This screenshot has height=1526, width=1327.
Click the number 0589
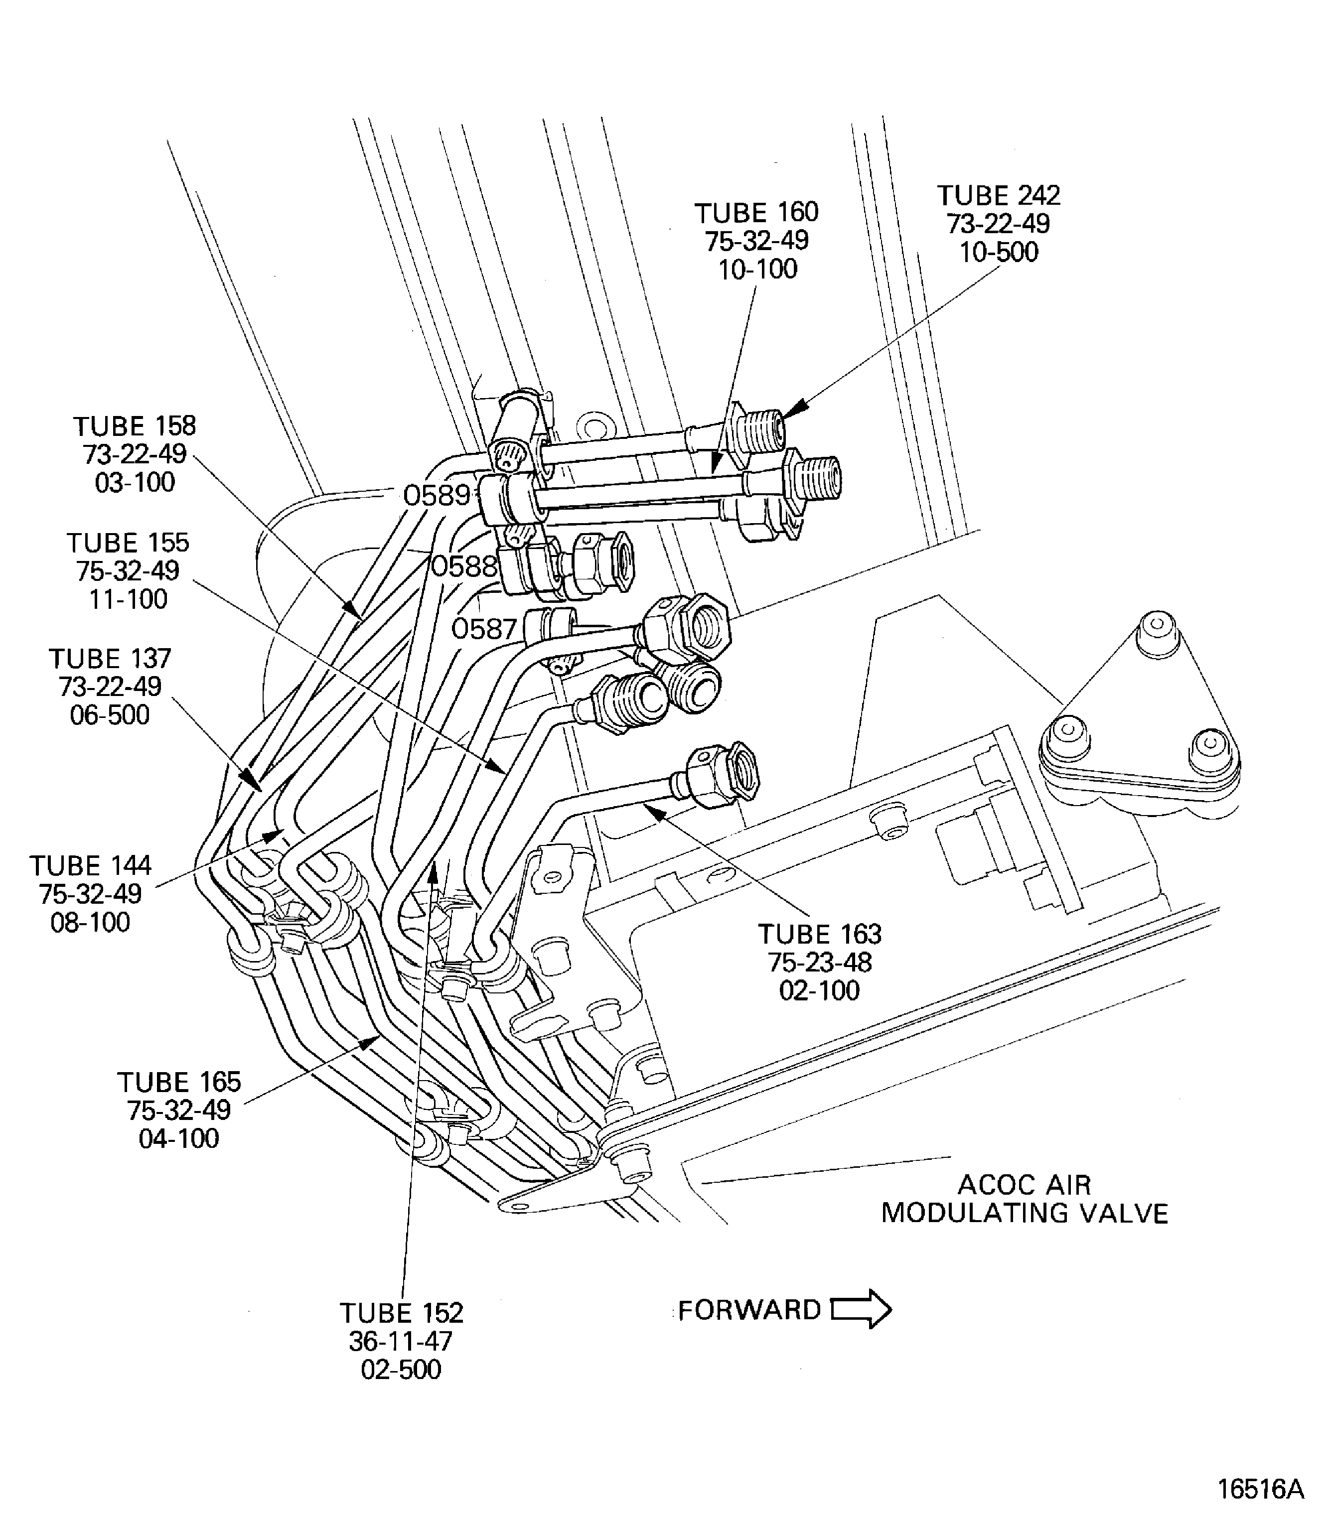(x=437, y=495)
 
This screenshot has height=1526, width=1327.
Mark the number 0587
(x=483, y=629)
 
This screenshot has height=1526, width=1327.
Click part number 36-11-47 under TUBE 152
(x=401, y=1341)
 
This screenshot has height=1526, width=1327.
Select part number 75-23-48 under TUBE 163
(x=820, y=963)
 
